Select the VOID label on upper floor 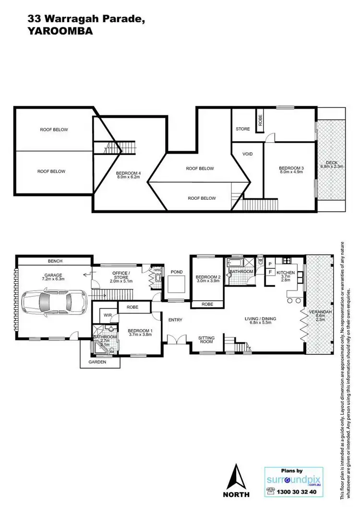pyautogui.click(x=247, y=154)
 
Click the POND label pyautogui.click(x=177, y=272)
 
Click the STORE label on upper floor pyautogui.click(x=243, y=129)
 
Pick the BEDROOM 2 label pyautogui.click(x=208, y=277)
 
